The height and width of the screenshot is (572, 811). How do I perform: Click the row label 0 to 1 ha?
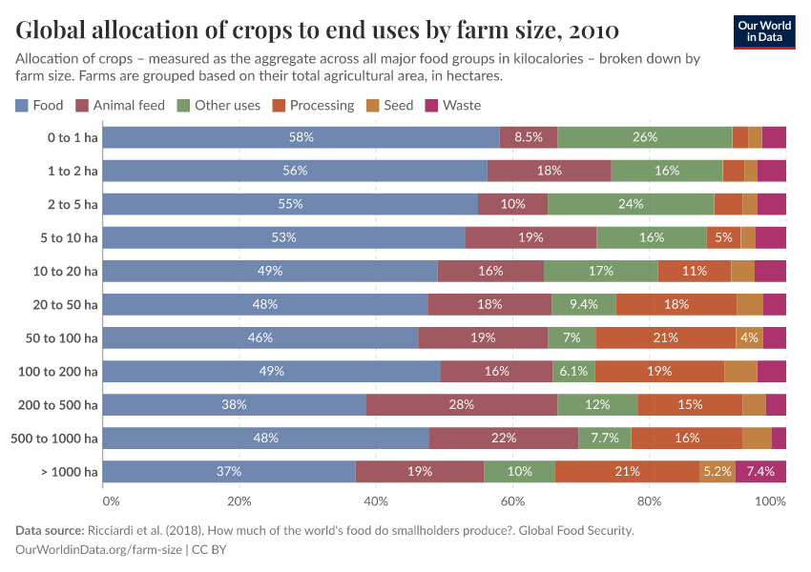(73, 137)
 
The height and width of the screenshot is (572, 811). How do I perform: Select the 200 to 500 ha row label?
(58, 404)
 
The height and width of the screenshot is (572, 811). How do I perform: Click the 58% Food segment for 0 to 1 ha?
(301, 137)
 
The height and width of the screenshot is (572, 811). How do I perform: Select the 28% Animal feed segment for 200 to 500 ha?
(462, 404)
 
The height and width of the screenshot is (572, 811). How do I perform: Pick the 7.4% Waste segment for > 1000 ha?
(760, 471)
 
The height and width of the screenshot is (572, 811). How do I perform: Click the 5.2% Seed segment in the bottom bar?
(717, 471)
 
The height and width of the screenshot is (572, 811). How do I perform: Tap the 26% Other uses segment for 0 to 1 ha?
(644, 137)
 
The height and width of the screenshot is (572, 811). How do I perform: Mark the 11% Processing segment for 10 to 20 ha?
(694, 271)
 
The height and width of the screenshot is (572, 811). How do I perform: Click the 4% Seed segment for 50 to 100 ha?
(749, 337)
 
